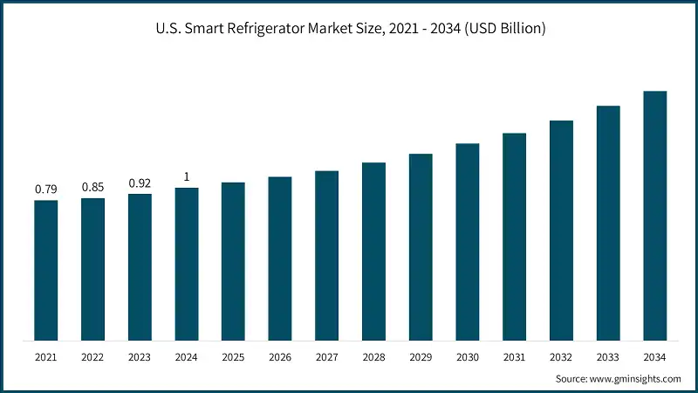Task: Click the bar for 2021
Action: tap(46, 271)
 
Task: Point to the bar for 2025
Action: tap(233, 261)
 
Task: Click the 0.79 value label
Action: tap(46, 189)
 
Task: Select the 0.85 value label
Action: tap(92, 187)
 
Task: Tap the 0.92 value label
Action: tap(140, 183)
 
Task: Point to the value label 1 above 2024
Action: tap(187, 176)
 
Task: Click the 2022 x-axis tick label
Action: tap(92, 356)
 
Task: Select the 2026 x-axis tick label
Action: tap(280, 356)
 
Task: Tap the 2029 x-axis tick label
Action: tap(421, 356)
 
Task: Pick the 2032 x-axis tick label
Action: tap(561, 356)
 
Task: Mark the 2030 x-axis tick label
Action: tap(468, 356)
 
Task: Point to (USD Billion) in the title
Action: tap(505, 29)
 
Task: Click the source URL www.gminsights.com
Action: tap(636, 378)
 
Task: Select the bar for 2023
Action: tap(140, 267)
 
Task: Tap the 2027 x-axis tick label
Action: tap(326, 356)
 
